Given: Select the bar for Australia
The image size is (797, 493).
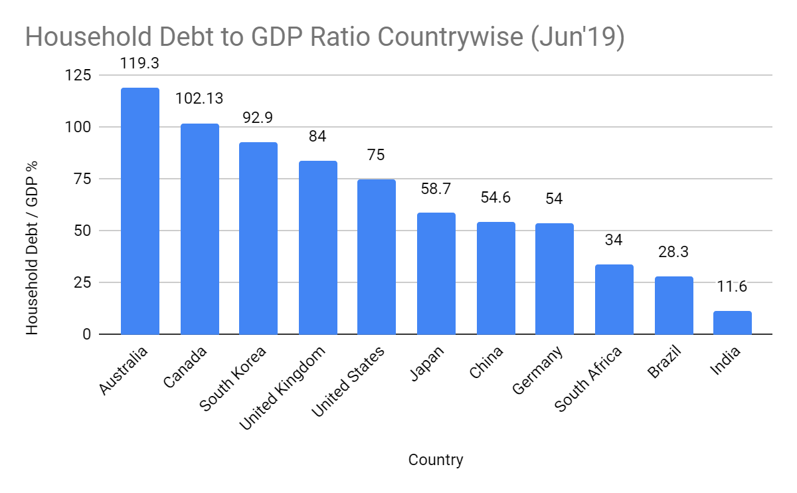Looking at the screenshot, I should (139, 211).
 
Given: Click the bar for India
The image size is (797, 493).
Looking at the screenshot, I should (732, 322).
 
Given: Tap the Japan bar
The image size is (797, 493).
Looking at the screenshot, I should (436, 273).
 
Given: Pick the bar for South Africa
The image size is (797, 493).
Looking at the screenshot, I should (614, 299).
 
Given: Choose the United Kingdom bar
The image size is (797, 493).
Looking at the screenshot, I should (317, 247).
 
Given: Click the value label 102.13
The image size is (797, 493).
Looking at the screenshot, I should (199, 98).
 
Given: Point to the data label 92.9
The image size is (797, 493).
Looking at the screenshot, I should (258, 118).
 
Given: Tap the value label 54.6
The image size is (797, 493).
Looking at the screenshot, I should (495, 198).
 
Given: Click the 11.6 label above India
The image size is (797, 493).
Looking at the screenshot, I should (732, 287).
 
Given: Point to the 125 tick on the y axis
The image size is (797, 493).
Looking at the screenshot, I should (78, 76).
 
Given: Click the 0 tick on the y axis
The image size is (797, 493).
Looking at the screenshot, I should (86, 334).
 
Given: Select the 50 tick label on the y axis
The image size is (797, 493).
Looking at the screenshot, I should (82, 231).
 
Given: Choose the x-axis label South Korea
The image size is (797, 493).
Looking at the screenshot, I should (234, 378).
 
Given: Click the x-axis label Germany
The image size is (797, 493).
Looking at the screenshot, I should (538, 371).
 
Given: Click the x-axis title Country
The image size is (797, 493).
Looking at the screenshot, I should (436, 460).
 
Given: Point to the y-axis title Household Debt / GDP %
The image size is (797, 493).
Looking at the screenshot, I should (32, 248).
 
